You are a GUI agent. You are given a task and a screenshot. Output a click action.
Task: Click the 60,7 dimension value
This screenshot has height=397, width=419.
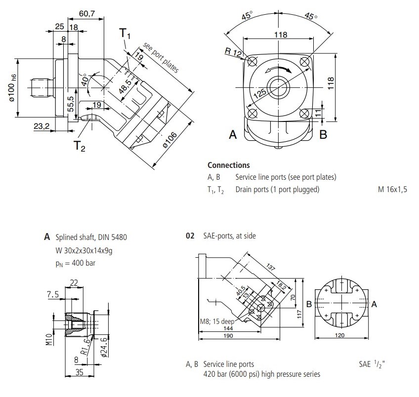[86, 13]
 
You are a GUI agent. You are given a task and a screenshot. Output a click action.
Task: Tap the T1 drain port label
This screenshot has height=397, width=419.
[125, 34]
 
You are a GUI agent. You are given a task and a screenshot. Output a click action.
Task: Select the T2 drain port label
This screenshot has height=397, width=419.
[80, 146]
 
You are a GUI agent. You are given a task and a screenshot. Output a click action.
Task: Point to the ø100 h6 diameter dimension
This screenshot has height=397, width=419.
[12, 88]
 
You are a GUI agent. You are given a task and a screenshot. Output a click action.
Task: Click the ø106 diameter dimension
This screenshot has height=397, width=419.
[170, 140]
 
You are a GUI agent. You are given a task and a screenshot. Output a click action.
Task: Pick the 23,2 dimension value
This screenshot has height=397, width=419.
[42, 126]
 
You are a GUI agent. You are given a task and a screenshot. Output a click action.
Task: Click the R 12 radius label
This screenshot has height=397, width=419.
[233, 52]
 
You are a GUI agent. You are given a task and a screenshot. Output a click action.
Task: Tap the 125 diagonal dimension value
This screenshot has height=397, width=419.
[260, 93]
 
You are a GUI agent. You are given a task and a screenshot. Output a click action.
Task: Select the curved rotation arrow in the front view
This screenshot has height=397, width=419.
[278, 68]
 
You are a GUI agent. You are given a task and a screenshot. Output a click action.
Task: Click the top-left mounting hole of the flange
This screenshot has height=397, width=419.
[252, 61]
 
